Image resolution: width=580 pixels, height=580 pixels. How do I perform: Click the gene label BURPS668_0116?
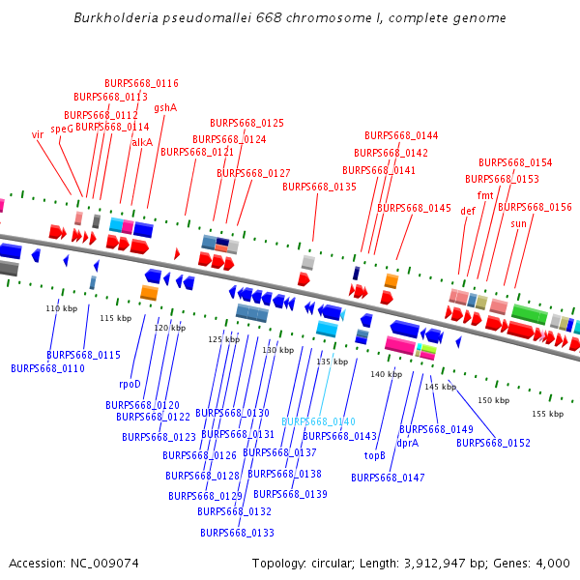[141, 83]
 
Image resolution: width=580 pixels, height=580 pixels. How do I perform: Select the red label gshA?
[165, 108]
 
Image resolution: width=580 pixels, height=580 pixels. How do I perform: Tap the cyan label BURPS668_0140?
[318, 421]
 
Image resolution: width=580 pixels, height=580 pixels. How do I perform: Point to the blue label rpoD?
[130, 384]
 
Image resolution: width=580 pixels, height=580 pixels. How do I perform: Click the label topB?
[374, 455]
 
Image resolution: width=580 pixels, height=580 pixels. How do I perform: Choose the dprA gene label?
[407, 443]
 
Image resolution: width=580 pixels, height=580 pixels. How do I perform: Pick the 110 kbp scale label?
[61, 308]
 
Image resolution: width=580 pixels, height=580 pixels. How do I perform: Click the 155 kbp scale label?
[547, 414]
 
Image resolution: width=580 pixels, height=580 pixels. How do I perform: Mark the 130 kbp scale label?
[277, 350]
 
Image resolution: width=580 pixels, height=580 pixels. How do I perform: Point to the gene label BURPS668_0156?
[535, 207]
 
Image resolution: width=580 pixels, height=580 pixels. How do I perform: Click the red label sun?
[519, 223]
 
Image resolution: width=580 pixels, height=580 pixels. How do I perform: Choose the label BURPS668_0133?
[237, 533]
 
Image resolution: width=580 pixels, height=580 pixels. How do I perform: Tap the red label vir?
[38, 135]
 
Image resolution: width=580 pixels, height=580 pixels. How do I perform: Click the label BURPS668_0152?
[493, 443]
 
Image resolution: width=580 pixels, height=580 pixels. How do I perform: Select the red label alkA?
[142, 142]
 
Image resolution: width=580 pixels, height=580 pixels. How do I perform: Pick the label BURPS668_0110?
[47, 368]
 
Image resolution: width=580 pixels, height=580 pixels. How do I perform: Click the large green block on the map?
[530, 314]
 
